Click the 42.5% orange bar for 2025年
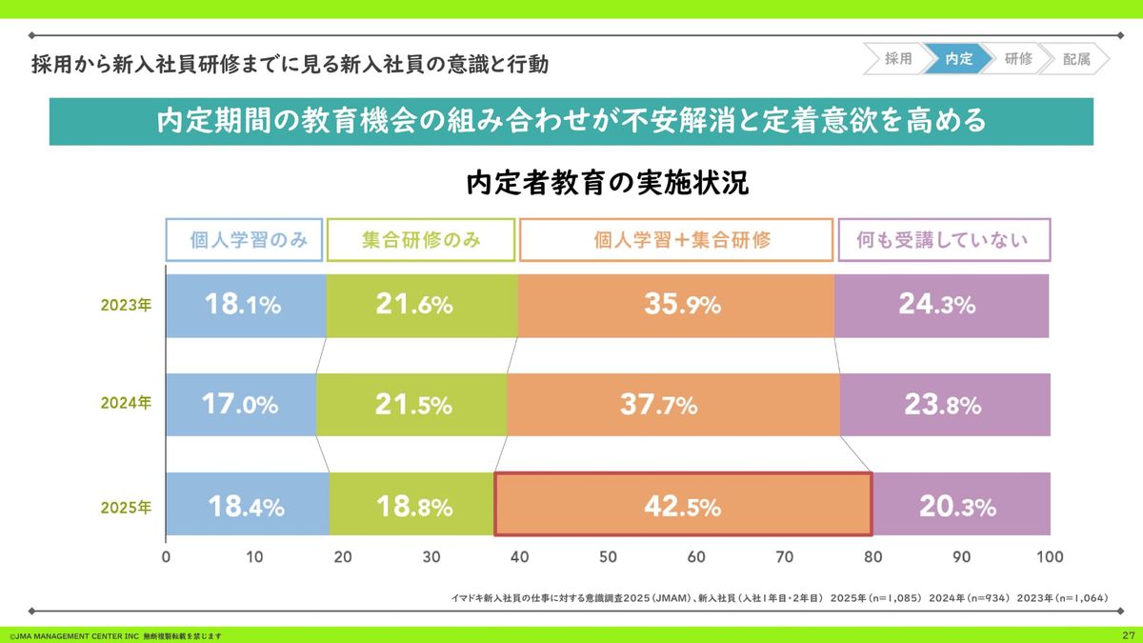coord(683,504)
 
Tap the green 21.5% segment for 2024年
coord(411,405)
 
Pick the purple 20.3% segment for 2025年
coord(961,504)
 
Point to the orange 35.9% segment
coord(676,306)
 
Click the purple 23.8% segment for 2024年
coord(944,405)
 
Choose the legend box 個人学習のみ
coord(245,240)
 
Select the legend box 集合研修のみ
coord(421,240)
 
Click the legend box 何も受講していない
coord(943,240)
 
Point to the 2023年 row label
coord(126,306)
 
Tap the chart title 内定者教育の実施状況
coord(608,183)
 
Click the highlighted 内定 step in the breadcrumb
coord(958,59)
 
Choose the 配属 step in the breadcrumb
coord(1076,59)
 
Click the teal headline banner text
coord(571,122)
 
